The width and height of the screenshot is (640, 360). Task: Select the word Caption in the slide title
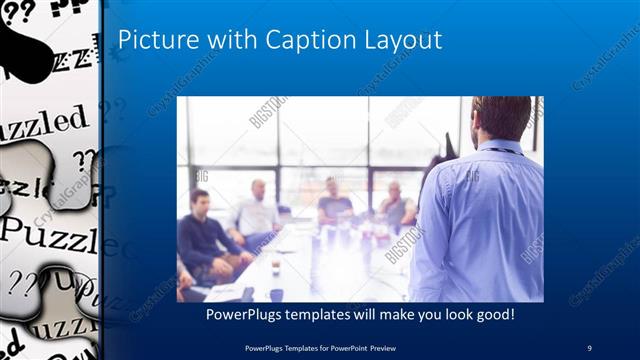300,40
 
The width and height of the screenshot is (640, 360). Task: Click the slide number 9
590,347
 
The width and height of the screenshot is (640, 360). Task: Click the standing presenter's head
500,118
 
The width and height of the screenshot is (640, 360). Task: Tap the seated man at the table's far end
335,200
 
